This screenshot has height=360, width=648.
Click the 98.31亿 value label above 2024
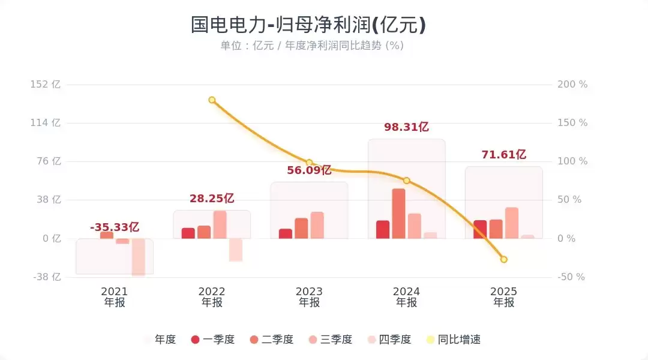(x=406, y=127)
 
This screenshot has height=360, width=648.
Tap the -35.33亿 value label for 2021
(x=115, y=227)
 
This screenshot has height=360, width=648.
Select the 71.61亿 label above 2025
(x=503, y=155)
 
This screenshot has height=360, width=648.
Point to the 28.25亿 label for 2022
(x=212, y=199)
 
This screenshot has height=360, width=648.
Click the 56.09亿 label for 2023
(x=309, y=170)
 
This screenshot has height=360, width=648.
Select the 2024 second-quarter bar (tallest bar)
(x=398, y=214)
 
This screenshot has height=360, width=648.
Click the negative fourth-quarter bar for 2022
(x=236, y=250)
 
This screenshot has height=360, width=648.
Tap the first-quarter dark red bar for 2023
(x=286, y=234)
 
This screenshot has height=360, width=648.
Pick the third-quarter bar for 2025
(x=512, y=223)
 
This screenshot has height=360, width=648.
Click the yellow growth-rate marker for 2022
(x=212, y=100)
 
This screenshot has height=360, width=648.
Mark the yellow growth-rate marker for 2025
(x=504, y=259)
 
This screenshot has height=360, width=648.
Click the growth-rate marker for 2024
(x=406, y=181)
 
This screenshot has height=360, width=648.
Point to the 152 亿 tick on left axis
(x=46, y=85)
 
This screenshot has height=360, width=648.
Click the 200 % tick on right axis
(x=572, y=85)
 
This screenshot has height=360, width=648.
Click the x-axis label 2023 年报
(x=309, y=297)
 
